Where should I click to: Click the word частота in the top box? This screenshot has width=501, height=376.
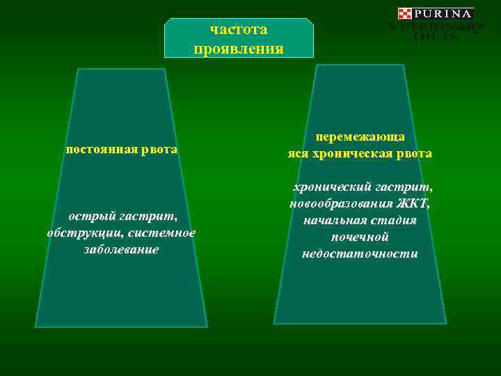tap(239, 30)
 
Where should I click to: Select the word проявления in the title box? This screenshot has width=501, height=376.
tap(239, 49)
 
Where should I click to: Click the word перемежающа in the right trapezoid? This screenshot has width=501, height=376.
tap(360, 138)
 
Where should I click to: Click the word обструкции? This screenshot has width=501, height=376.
tap(83, 233)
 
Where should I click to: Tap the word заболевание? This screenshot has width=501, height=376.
tap(121, 249)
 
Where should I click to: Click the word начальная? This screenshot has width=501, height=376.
tap(333, 221)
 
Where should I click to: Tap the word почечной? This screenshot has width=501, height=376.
tap(360, 237)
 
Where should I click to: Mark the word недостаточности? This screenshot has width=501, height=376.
tap(360, 254)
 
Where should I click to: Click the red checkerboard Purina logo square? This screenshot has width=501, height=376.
tap(405, 14)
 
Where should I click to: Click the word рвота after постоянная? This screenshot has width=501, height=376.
tap(161, 150)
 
